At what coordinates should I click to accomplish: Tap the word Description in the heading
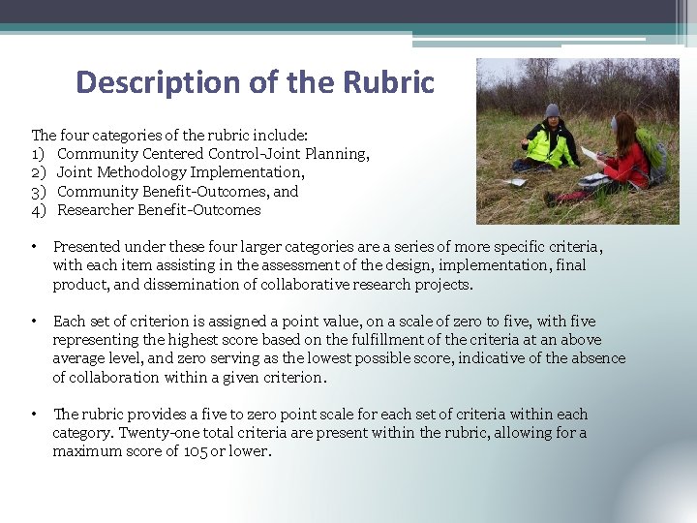pyautogui.click(x=157, y=82)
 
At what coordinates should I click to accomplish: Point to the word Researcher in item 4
pyautogui.click(x=95, y=210)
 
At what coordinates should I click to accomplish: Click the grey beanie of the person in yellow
pyautogui.click(x=552, y=110)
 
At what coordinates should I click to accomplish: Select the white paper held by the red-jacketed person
pyautogui.click(x=589, y=153)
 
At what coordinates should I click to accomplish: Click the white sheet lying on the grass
pyautogui.click(x=517, y=181)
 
